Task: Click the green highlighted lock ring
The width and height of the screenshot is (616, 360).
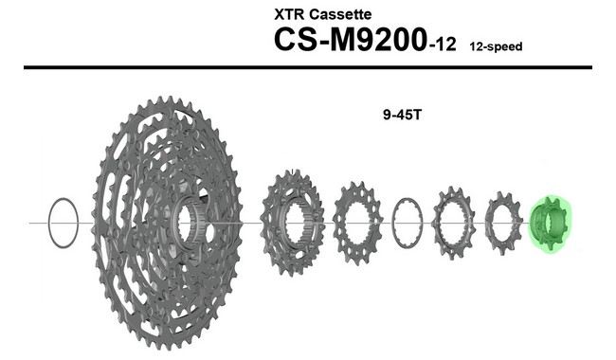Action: point(549,225)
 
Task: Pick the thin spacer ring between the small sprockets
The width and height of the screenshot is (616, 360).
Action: point(406,225)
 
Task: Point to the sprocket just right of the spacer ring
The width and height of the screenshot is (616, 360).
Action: point(451,225)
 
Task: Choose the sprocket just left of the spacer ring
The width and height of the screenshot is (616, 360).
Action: point(357,225)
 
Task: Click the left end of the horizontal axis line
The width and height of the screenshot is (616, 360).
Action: point(32,224)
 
